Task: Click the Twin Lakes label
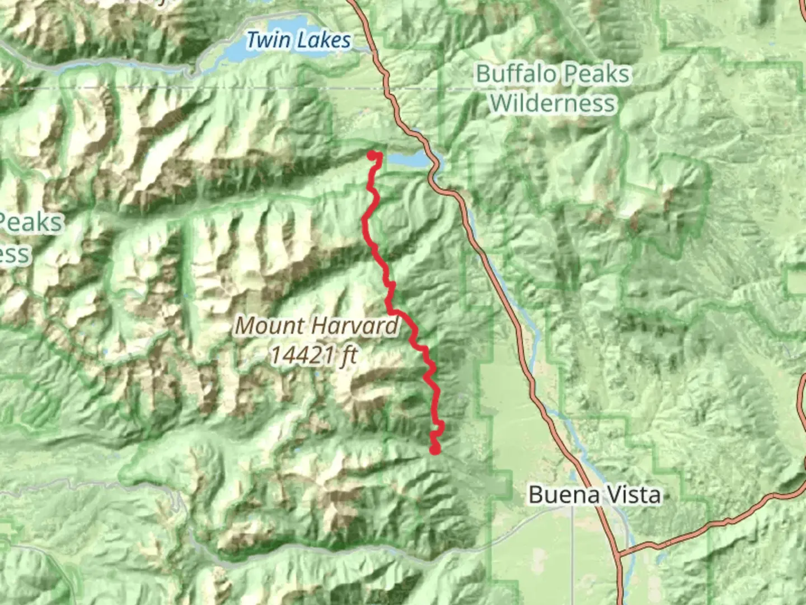point(298,40)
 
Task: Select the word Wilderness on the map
point(552,103)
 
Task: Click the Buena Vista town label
point(594,495)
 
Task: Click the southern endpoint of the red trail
point(435,449)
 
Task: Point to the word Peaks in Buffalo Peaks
point(597,74)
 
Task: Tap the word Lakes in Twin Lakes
point(324,40)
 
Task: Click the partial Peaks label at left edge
point(31,222)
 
